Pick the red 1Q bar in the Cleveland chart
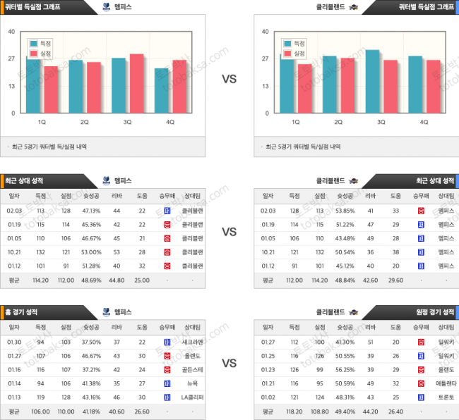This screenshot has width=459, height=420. click(x=304, y=88)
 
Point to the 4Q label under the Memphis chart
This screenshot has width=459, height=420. click(x=169, y=122)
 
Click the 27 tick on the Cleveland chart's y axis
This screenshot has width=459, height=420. click(x=266, y=58)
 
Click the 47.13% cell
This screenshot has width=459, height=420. click(x=91, y=210)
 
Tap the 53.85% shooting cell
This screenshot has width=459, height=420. click(x=344, y=210)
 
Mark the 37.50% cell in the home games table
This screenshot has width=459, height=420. click(x=91, y=342)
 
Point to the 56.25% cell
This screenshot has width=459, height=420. click(x=344, y=369)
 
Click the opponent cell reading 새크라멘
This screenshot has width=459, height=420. click(x=192, y=342)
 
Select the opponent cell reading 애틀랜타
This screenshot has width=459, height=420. click(x=446, y=383)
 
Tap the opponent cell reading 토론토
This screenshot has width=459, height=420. click(x=446, y=397)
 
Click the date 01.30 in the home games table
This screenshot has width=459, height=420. click(x=13, y=342)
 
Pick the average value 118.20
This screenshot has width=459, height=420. click(x=294, y=411)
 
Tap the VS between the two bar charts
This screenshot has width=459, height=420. click(x=229, y=80)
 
